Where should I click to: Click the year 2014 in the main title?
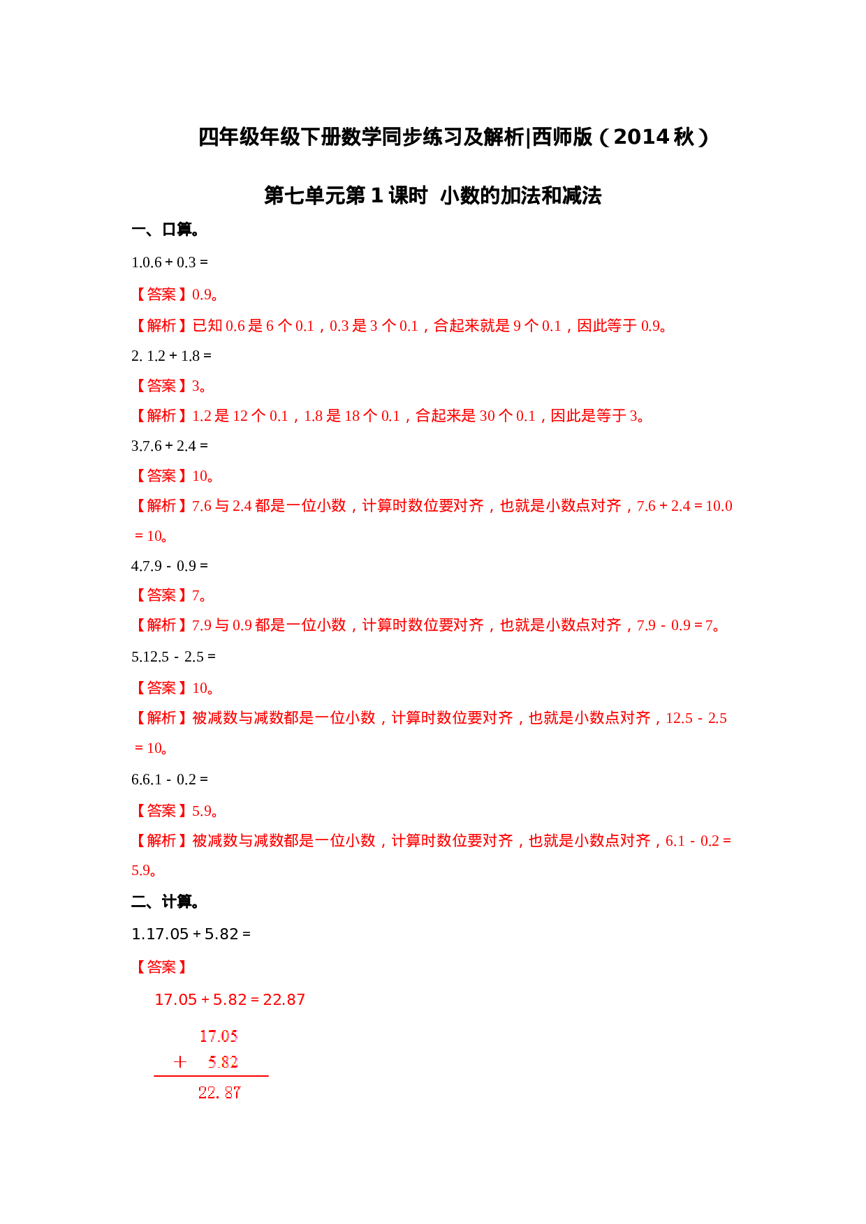coord(643,137)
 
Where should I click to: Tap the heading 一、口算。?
coord(165,230)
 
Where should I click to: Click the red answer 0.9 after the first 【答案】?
coord(203,294)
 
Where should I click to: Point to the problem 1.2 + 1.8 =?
coord(179,356)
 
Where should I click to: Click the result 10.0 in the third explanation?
coord(719,506)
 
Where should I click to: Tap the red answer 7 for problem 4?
coord(197,596)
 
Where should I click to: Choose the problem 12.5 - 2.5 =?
coord(179,657)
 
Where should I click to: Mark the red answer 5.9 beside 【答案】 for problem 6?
coord(203,811)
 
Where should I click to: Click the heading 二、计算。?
coord(165,902)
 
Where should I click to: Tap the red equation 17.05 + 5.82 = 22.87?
coord(230,999)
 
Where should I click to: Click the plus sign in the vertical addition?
coord(180,1062)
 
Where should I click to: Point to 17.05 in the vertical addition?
coord(219,1036)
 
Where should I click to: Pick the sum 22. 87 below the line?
coord(219,1093)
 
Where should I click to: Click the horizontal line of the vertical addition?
coord(211,1076)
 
